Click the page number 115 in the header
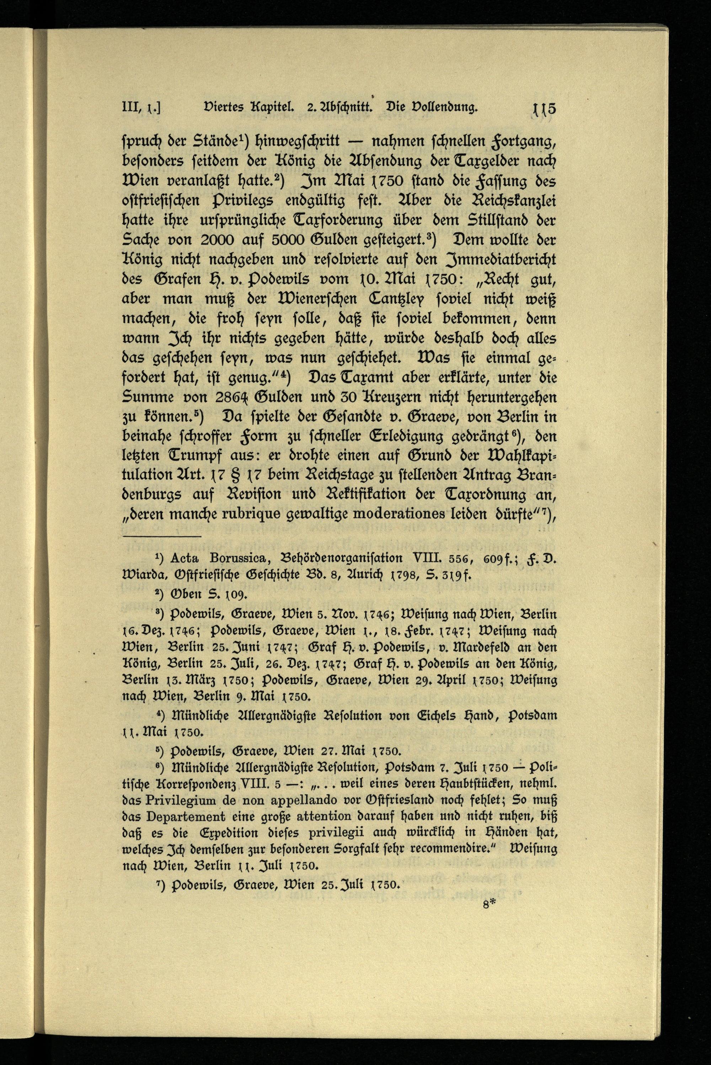click(545, 109)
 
